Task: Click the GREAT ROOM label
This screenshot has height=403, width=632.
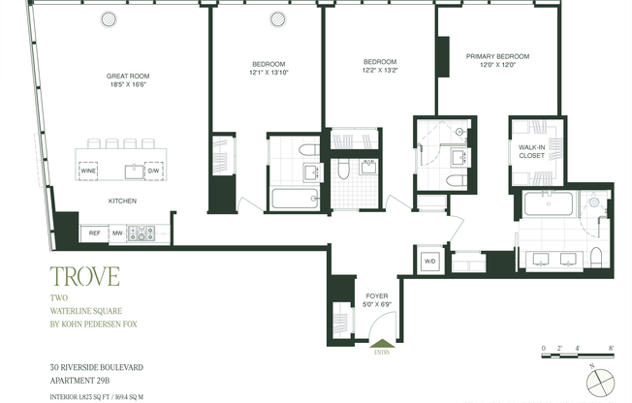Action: [x=128, y=76]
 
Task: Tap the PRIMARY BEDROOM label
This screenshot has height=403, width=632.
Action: [x=498, y=56]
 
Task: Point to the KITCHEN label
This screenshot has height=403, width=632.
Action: [x=122, y=201]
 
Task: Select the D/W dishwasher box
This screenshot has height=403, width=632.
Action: [x=152, y=170]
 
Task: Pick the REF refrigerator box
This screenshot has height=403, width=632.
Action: [x=95, y=232]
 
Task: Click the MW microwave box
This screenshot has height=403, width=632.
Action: [x=118, y=232]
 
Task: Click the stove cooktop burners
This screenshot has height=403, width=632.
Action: [x=143, y=232]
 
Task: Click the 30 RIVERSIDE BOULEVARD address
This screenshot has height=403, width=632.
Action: [x=98, y=367]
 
